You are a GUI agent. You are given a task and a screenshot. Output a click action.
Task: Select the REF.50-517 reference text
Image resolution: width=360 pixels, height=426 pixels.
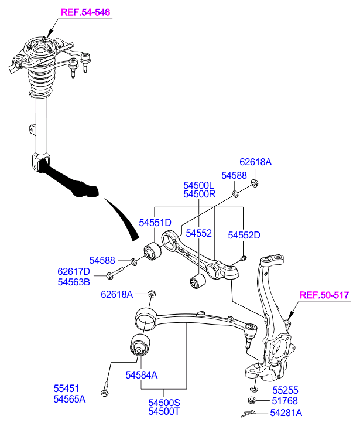(x=324, y=296)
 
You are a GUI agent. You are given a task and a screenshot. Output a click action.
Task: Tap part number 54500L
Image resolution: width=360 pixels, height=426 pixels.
(x=200, y=185)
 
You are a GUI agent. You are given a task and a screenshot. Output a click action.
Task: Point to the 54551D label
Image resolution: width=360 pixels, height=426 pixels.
(x=155, y=222)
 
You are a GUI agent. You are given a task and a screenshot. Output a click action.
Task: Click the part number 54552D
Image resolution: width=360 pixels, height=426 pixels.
(x=244, y=235)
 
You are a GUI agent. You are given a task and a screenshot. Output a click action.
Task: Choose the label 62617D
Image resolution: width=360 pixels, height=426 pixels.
(x=74, y=272)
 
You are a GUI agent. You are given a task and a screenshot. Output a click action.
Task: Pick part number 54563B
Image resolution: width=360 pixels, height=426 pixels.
(x=74, y=282)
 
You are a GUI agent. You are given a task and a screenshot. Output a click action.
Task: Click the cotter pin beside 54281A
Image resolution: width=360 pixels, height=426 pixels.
(x=252, y=414)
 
